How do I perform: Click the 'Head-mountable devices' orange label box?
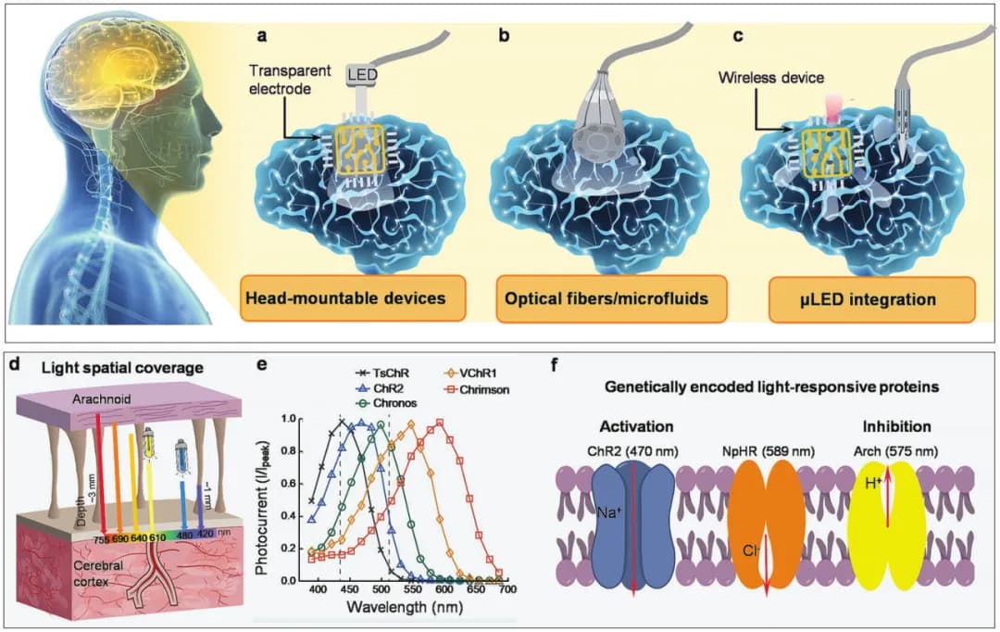tap(340, 298)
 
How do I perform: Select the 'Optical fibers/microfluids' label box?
tap(601, 298)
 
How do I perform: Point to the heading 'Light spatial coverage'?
tap(119, 369)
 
